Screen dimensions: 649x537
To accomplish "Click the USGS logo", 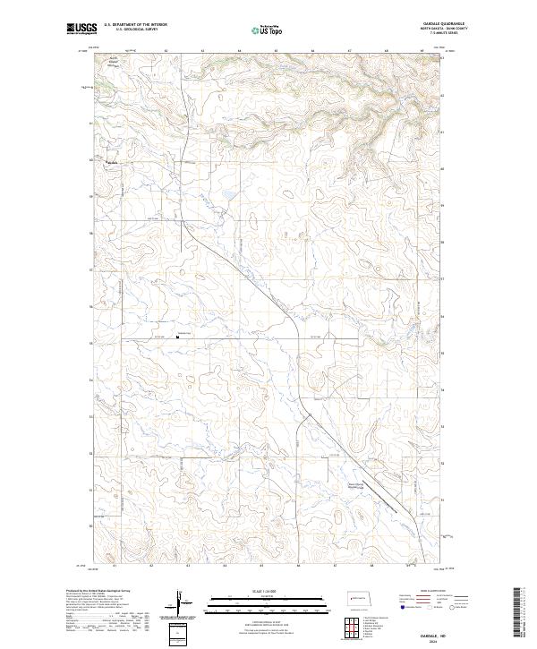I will click(81, 30).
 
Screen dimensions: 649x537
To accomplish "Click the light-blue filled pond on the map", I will click(228, 193).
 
